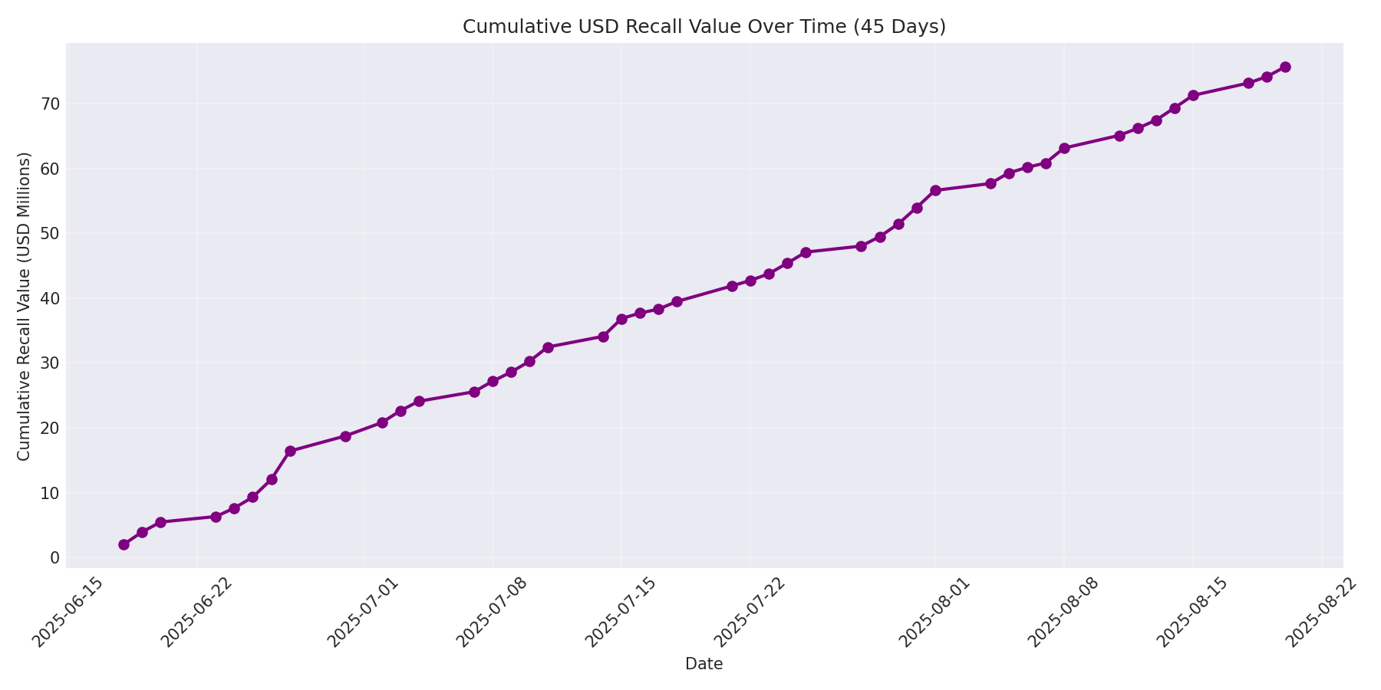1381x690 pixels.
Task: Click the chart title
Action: [704, 27]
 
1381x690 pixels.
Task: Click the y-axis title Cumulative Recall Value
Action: [24, 306]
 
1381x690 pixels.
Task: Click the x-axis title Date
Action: [704, 664]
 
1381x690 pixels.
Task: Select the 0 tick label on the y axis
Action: [54, 557]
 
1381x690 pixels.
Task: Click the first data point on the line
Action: [124, 544]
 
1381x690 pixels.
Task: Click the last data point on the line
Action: [1285, 67]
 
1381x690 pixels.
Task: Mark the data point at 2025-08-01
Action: [935, 190]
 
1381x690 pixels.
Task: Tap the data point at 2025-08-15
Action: [1193, 95]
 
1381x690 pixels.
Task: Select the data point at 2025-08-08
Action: [1064, 148]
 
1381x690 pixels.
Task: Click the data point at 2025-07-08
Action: [493, 381]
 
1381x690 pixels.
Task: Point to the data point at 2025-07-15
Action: [621, 319]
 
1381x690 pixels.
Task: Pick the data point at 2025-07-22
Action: [750, 281]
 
